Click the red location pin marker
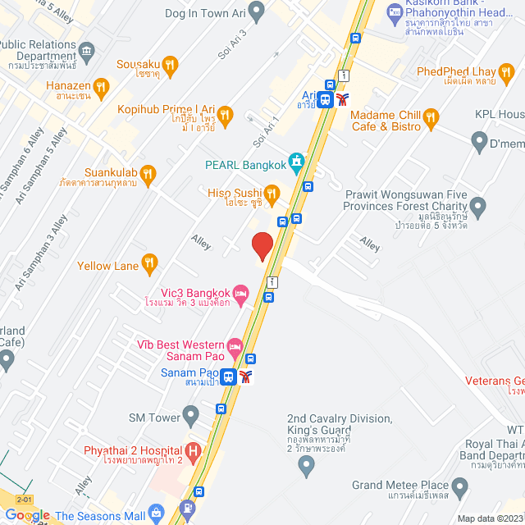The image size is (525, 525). click(262, 246)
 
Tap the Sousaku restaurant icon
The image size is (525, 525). click(170, 63)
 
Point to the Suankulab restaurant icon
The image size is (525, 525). click(148, 172)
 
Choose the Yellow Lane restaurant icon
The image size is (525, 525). click(148, 263)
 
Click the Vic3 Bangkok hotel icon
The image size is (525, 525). click(240, 293)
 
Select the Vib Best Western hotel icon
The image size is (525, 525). click(235, 345)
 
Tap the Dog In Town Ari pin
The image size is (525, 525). click(256, 12)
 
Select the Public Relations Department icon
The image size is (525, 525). click(89, 51)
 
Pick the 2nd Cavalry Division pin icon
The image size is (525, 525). click(307, 467)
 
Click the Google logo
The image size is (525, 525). click(27, 515)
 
